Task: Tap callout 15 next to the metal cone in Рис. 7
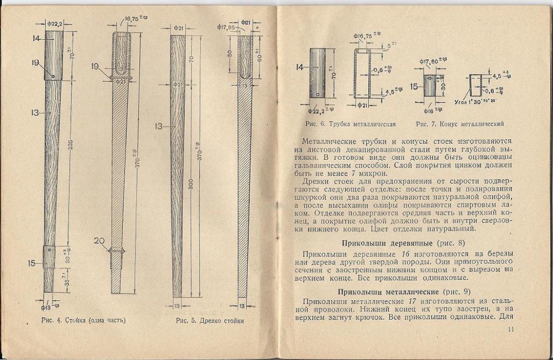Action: coord(414,86)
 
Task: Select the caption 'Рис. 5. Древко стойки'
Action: coord(210,320)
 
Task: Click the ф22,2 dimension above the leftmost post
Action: coord(53,23)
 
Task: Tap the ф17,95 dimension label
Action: coord(226,27)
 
